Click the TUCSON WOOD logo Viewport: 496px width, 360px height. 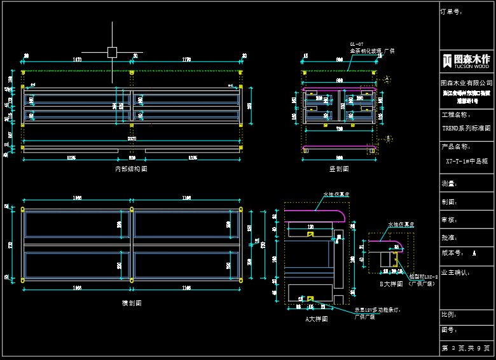click(467, 60)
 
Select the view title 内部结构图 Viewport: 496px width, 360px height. click(131, 169)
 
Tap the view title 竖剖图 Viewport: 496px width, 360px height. click(339, 169)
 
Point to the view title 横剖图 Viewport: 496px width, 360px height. click(132, 303)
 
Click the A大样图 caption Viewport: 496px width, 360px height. click(316, 319)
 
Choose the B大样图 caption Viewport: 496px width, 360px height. click(391, 284)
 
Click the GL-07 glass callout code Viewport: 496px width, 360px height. click(357, 44)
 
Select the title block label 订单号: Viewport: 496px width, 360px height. click(451, 11)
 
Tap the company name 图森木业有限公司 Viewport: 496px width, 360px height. click(467, 83)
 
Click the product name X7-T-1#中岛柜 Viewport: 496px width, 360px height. click(467, 162)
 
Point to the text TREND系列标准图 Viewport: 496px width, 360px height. click(467, 128)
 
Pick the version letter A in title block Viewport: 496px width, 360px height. click(474, 253)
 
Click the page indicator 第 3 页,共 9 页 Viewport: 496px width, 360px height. click(467, 349)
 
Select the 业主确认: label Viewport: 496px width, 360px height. click(455, 272)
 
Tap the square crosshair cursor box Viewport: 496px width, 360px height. click(112, 52)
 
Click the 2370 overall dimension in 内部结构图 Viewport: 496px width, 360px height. click(132, 139)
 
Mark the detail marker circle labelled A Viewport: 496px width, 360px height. click(387, 80)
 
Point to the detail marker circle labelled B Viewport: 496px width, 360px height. click(388, 138)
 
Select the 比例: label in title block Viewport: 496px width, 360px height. click(450, 314)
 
